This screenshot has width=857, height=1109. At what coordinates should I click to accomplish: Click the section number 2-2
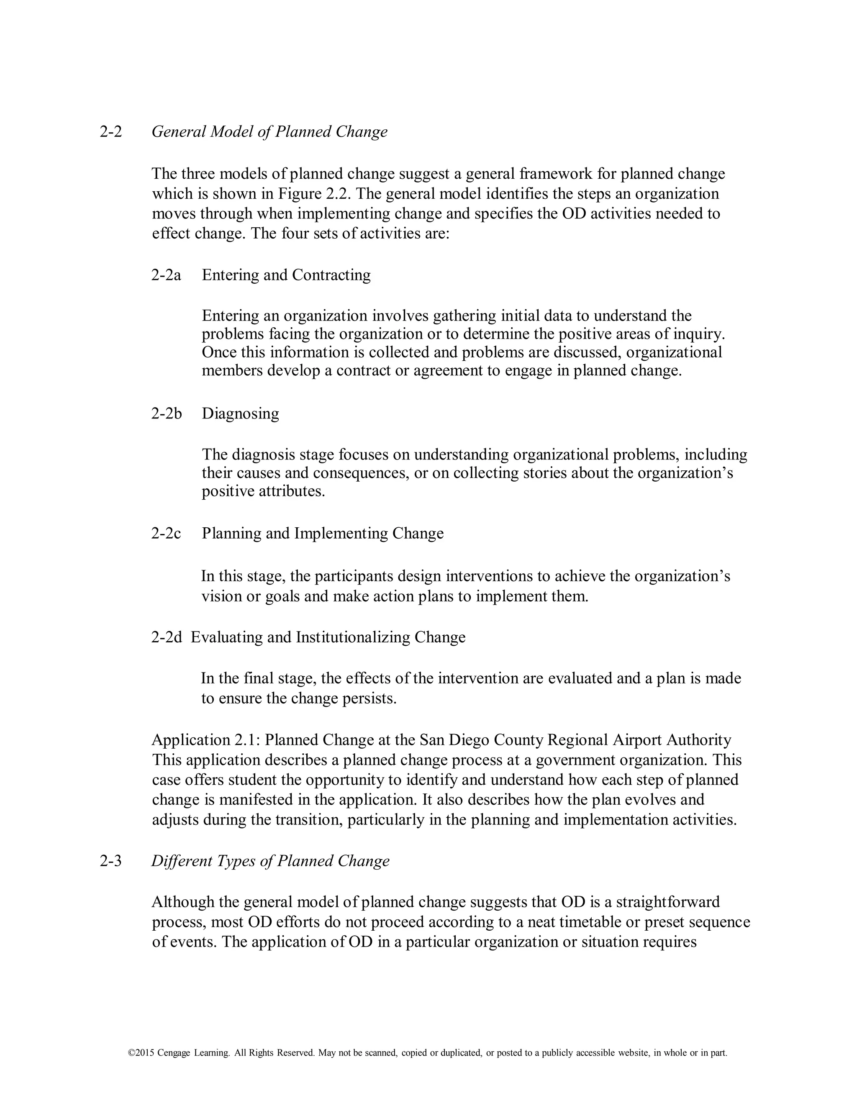click(x=110, y=131)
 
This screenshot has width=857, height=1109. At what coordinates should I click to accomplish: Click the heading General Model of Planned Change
click(x=269, y=131)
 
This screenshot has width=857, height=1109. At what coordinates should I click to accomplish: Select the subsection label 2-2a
click(x=166, y=275)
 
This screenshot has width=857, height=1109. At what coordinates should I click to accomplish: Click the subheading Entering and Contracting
click(x=286, y=275)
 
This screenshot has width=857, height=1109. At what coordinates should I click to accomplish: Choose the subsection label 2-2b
click(x=166, y=413)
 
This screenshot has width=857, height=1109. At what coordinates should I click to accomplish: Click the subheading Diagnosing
click(x=240, y=413)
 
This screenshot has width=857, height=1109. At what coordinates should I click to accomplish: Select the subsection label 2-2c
click(x=166, y=533)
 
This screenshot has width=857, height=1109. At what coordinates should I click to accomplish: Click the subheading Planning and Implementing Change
click(x=322, y=533)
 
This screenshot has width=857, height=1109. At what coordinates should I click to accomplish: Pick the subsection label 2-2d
click(x=166, y=637)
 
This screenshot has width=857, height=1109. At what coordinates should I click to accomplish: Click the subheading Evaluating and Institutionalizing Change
click(x=328, y=637)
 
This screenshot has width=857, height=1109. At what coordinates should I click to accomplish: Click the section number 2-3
click(x=110, y=861)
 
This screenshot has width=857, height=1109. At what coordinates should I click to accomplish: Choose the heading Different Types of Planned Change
click(x=270, y=861)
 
